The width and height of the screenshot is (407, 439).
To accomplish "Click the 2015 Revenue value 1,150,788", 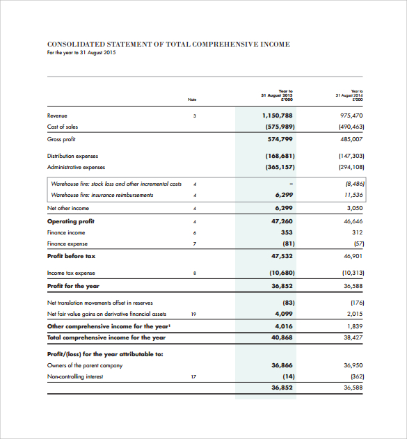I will [278, 115].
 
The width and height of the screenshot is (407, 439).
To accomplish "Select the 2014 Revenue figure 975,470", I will [351, 115].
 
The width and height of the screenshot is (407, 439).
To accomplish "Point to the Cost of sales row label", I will [63, 127].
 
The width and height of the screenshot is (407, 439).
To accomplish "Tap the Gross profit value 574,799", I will [280, 139].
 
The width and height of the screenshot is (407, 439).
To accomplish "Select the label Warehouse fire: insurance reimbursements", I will [102, 195].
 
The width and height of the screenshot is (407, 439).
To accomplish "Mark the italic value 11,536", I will [353, 195].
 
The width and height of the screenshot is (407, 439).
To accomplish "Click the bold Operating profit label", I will [71, 221].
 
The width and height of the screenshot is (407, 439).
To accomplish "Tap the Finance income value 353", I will [286, 232].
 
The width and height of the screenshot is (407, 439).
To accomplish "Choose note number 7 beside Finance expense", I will [195, 244].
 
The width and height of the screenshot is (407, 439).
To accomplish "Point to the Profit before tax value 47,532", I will [282, 256].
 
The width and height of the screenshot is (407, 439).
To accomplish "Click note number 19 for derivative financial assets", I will [194, 314].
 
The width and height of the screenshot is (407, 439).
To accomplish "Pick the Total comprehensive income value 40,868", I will [282, 337].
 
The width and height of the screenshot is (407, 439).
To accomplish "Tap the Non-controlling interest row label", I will [75, 376].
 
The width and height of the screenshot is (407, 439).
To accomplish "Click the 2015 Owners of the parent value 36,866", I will [282, 365].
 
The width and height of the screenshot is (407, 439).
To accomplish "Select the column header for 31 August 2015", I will [277, 95].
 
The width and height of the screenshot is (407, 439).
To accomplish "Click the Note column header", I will [193, 99].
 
